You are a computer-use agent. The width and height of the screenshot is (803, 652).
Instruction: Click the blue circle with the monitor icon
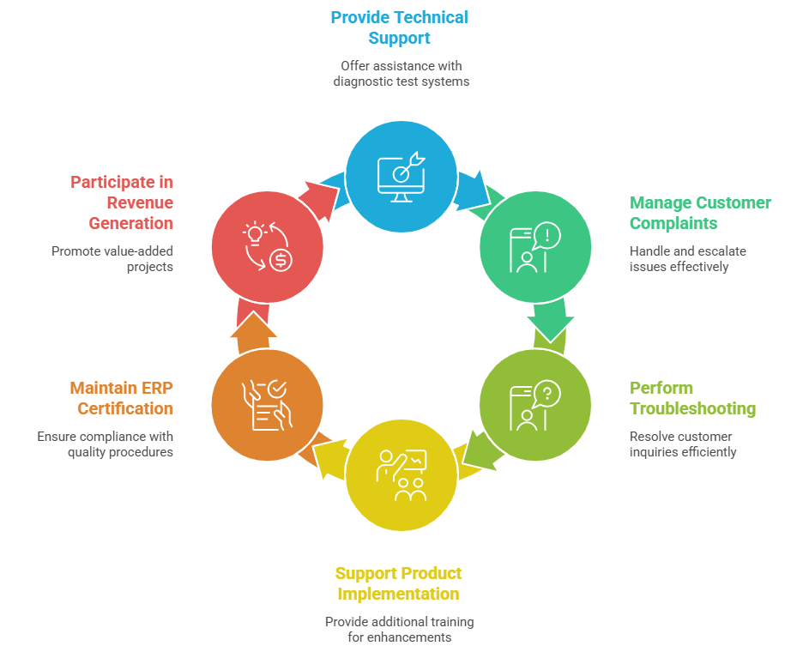[401, 176]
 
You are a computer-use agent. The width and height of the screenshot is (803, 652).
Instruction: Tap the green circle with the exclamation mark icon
[534, 248]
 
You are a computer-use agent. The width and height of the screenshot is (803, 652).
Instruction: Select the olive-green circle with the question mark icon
[534, 405]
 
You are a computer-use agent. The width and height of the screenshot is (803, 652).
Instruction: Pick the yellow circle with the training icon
[401, 477]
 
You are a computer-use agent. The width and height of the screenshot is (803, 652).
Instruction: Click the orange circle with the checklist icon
[267, 405]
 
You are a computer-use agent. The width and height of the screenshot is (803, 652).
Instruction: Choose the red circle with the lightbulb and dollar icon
[267, 248]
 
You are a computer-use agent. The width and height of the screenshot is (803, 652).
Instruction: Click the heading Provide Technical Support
[401, 27]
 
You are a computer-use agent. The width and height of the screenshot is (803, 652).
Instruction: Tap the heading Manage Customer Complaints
[700, 213]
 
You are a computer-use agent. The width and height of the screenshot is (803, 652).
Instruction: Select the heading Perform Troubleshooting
[692, 398]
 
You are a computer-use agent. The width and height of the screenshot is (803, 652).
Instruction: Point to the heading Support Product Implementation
[398, 583]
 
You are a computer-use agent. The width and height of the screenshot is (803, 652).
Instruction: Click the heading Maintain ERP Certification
[121, 398]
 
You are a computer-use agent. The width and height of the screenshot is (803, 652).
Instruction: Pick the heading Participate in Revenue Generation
[121, 202]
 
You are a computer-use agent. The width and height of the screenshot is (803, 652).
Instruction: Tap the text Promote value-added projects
[112, 259]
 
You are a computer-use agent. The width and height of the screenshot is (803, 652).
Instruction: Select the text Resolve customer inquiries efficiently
[682, 444]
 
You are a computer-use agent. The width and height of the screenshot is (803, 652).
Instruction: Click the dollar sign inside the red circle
[281, 261]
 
